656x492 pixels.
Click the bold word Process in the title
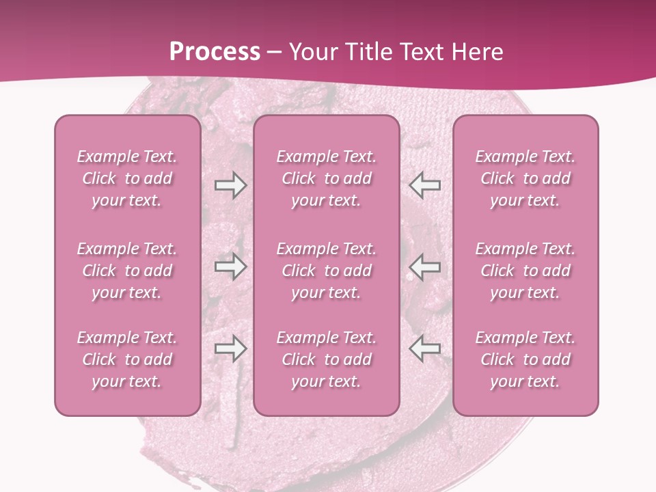coord(215,52)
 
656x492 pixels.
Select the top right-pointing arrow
coord(230,185)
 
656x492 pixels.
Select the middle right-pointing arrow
coord(230,266)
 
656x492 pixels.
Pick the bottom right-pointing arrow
coord(230,348)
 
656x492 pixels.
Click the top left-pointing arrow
coord(424,185)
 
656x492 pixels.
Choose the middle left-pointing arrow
coord(424,266)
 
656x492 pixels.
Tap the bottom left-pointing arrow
coord(424,348)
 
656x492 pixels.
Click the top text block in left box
coord(127,178)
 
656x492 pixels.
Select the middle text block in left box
coord(127,271)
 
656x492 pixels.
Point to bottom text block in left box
coord(127,359)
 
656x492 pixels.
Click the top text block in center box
coord(326,178)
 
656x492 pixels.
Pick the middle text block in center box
coord(326,271)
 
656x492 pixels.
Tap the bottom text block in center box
coord(326,359)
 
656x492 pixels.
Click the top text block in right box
coord(525,178)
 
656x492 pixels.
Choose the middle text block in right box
coord(525,271)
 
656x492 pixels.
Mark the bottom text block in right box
coord(525,359)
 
